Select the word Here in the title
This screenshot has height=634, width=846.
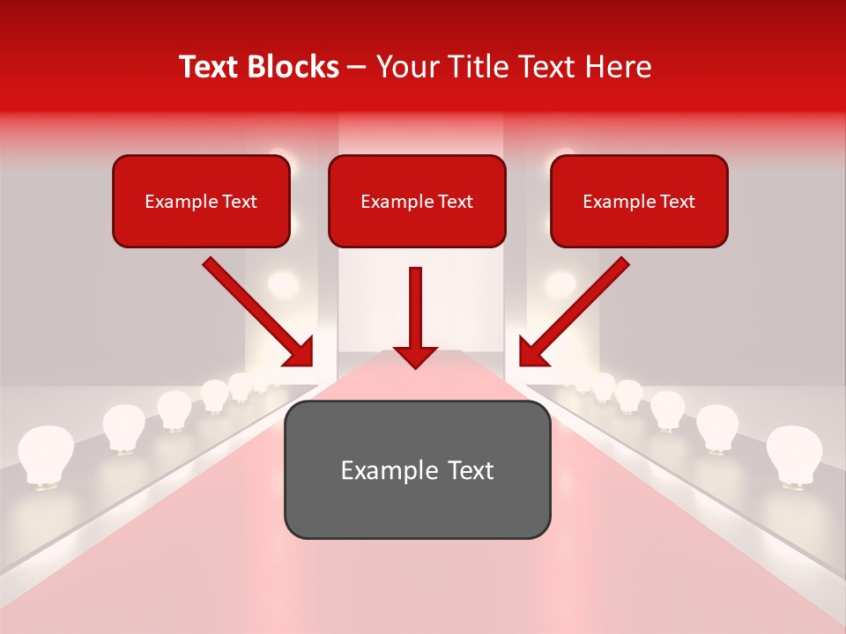[620, 67]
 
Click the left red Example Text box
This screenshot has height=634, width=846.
[201, 202]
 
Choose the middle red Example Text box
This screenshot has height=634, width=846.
[417, 202]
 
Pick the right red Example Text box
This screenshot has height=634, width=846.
[639, 202]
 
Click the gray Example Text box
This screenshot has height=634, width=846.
[417, 470]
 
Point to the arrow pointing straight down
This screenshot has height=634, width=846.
[415, 317]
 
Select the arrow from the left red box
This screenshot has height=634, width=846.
[257, 312]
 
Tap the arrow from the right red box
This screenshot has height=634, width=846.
[574, 312]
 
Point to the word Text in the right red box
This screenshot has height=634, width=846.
[677, 202]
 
